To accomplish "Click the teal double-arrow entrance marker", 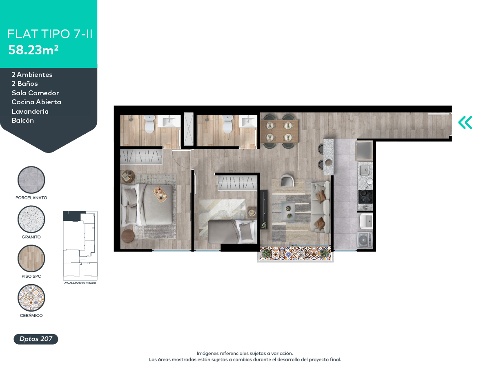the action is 465,122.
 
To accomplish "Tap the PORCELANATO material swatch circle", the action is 31,180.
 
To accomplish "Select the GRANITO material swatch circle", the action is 31,219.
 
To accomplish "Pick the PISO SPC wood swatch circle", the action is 31,258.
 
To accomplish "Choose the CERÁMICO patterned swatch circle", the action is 31,298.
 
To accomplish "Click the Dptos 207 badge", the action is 36,339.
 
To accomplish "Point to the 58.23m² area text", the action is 33,50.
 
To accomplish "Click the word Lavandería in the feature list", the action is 30,111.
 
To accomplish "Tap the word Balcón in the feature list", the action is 23,121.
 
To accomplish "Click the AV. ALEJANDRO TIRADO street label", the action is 80,283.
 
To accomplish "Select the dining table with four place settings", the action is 279,131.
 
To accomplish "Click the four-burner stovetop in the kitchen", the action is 365,197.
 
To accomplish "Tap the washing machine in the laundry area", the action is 364,240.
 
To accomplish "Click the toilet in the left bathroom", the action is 149,124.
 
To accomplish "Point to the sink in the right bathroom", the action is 248,121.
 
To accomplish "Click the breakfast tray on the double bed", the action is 160,194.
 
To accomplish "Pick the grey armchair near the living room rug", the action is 287,181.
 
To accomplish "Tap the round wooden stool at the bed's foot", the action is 128,236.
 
